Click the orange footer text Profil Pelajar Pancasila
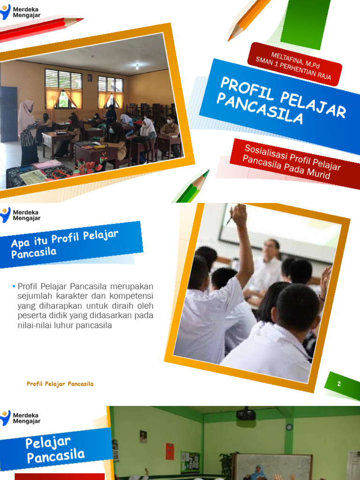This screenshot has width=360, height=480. pyautogui.click(x=60, y=384)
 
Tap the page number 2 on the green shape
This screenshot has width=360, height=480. pyautogui.click(x=339, y=384)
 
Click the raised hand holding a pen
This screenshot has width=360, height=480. pyautogui.click(x=239, y=216)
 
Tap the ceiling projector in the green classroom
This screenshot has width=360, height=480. pyautogui.click(x=246, y=414)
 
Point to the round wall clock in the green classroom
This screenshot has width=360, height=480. pyautogui.click(x=289, y=427)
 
